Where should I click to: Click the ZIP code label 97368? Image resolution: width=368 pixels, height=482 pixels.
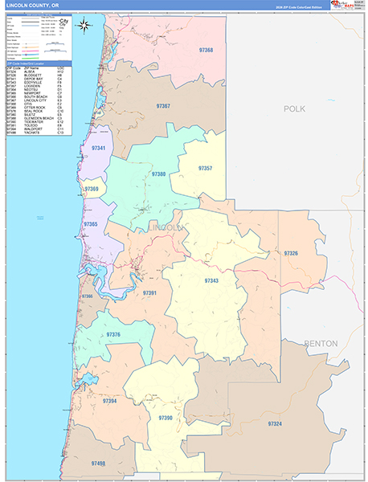206,50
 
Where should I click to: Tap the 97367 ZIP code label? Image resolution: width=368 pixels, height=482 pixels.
163,106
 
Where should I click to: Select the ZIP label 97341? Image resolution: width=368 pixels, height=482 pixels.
99,149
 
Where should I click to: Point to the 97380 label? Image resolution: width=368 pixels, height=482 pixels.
159,174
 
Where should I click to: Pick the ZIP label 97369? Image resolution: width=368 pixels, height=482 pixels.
92,190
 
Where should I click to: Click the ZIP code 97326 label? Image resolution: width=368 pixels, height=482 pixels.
291,253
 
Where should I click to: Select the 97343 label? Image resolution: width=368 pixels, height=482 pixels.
211,281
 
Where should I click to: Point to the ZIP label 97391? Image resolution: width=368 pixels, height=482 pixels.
149,293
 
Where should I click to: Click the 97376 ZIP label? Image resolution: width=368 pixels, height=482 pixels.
113,334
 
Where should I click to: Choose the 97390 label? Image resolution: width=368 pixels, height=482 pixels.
166,418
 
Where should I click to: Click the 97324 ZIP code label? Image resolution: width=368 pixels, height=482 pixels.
275,423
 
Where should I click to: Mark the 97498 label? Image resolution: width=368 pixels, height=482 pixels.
98,464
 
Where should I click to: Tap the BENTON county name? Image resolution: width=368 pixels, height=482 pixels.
321,344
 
